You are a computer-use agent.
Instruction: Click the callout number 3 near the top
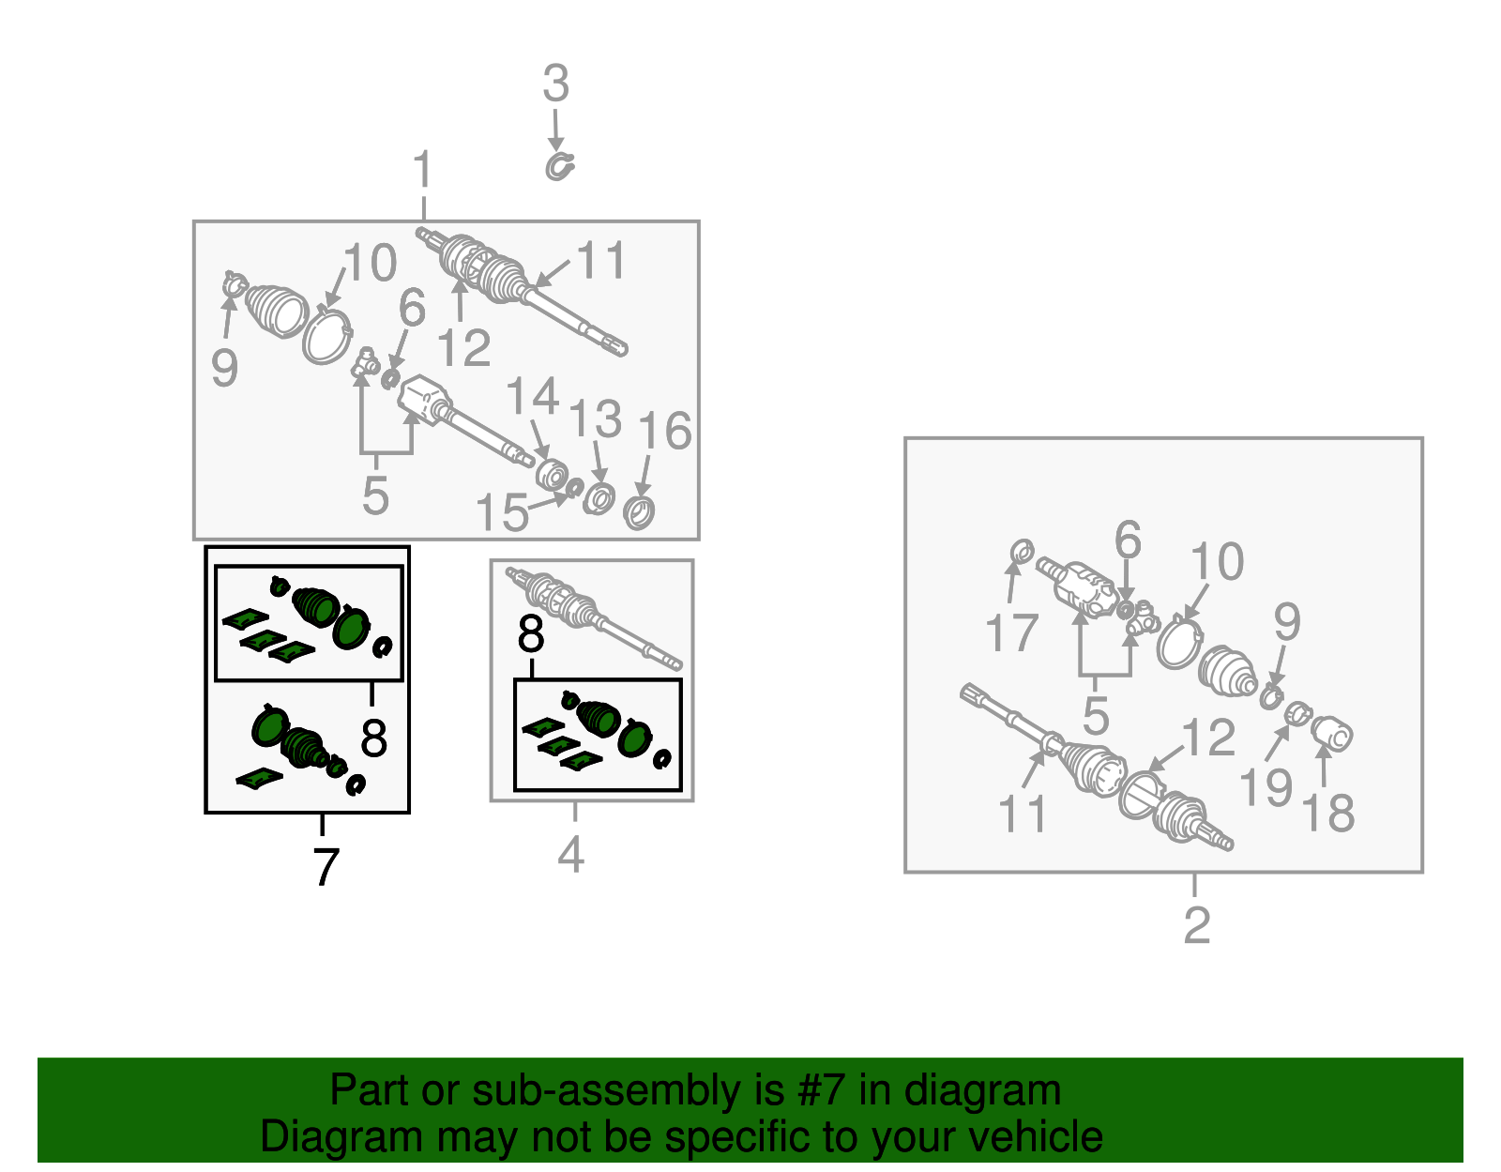556,84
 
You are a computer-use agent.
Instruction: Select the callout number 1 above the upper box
423,169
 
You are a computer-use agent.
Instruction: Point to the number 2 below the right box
1196,925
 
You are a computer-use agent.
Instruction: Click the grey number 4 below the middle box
571,854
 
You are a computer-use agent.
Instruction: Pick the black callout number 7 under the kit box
326,867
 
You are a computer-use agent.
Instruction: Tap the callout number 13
595,419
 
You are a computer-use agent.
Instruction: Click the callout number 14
533,396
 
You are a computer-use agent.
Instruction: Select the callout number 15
502,512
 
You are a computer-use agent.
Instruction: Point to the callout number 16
664,431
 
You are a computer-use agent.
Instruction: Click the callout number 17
1011,632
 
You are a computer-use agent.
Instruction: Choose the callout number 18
1327,813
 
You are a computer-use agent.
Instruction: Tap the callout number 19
1266,787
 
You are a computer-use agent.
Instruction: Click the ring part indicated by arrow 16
639,512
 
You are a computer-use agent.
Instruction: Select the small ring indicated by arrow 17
1022,552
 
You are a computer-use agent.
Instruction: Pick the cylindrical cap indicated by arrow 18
1331,733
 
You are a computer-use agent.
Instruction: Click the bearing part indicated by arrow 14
552,475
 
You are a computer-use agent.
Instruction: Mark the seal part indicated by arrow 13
599,498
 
